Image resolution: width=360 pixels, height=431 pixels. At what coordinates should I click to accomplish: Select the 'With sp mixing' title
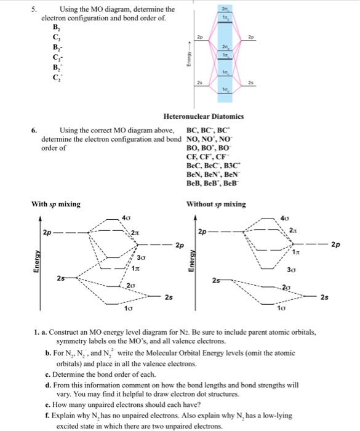coord(56,204)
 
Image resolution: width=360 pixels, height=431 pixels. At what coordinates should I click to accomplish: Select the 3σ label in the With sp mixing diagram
coord(141,257)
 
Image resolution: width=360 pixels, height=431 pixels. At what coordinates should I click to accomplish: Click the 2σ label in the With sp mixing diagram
coord(130,286)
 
